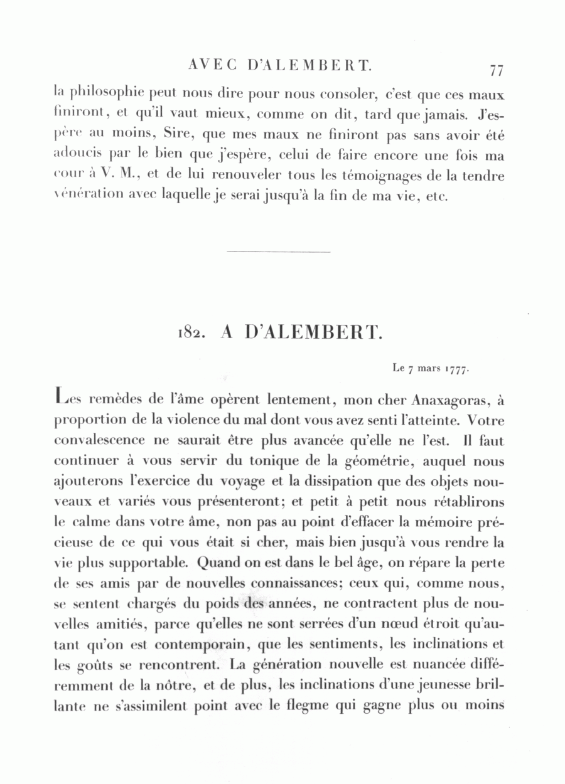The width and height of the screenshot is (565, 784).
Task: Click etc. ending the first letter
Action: point(436,196)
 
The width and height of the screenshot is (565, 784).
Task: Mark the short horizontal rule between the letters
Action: point(278,252)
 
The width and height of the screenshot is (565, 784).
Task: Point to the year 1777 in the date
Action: point(457,369)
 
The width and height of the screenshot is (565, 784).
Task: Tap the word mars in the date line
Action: point(428,369)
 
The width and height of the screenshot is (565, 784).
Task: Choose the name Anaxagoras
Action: point(448,399)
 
